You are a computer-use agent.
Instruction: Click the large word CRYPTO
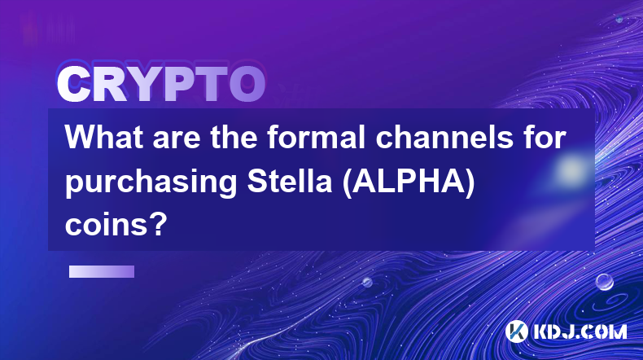(x=161, y=85)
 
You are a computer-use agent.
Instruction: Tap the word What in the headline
(x=103, y=137)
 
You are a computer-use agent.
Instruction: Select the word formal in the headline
(x=316, y=137)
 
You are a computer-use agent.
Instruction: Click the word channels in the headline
(x=444, y=137)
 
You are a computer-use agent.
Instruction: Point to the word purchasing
(x=151, y=182)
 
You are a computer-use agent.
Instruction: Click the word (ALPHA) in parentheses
(x=409, y=182)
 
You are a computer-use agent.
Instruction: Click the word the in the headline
(x=234, y=137)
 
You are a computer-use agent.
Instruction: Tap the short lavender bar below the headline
(x=102, y=271)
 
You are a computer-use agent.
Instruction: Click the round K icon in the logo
(x=516, y=331)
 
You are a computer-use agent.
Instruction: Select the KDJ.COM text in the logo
(x=580, y=331)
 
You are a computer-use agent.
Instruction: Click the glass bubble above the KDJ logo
(x=605, y=282)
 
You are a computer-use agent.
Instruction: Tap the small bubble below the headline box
(x=367, y=282)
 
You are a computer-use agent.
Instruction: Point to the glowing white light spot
(x=571, y=169)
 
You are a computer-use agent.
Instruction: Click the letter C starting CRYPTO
(x=73, y=85)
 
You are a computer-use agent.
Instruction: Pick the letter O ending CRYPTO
(x=247, y=85)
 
